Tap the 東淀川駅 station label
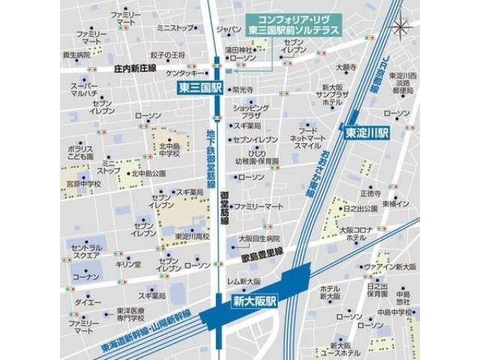coord(367,132)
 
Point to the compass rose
coord(403,26)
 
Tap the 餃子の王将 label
coord(167,55)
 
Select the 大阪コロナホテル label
coord(352,233)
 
